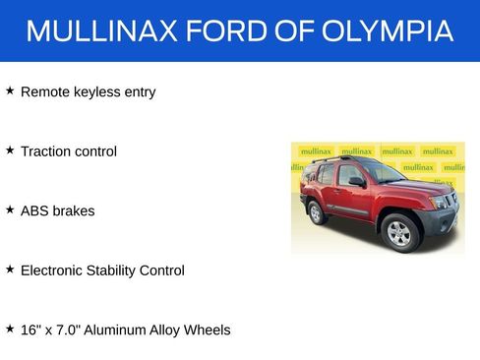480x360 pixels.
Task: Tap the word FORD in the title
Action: point(222,30)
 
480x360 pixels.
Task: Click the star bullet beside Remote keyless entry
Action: point(10,90)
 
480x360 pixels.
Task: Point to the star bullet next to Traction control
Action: point(10,150)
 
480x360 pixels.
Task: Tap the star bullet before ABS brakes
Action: point(10,210)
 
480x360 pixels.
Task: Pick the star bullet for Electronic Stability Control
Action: point(10,269)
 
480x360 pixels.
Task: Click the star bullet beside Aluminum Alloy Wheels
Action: point(10,329)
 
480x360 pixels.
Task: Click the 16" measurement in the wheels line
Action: point(30,330)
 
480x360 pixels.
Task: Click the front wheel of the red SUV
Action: point(398,232)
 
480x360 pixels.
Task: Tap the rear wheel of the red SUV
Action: point(317,211)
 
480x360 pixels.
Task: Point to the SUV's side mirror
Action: point(356,182)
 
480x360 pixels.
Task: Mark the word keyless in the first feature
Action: point(99,92)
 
